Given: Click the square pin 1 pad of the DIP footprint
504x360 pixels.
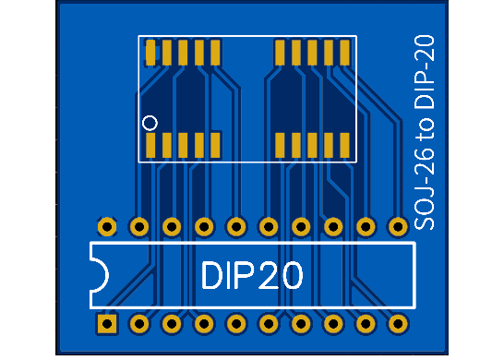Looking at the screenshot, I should (107, 324).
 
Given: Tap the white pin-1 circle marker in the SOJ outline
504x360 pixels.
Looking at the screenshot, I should (150, 122).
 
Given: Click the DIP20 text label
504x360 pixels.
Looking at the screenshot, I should (252, 275).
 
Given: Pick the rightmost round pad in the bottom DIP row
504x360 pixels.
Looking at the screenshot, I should (398, 324).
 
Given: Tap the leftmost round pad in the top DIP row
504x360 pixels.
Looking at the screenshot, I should (107, 226).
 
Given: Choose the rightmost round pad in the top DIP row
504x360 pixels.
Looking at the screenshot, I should (398, 226).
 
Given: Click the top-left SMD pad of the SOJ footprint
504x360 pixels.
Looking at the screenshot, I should (151, 53).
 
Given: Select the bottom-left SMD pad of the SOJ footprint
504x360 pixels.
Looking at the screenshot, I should (151, 145).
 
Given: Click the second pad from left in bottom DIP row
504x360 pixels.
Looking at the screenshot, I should (139, 324).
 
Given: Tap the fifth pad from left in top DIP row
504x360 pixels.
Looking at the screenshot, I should (236, 226).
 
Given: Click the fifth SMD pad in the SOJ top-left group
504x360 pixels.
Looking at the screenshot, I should (215, 53).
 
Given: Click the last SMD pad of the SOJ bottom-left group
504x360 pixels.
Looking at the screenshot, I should (215, 145).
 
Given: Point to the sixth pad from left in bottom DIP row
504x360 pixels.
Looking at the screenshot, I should (269, 324).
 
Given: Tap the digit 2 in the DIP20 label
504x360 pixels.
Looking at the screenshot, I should (266, 275).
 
